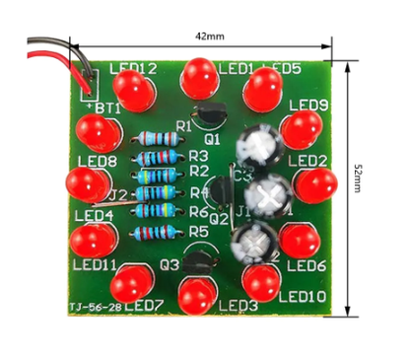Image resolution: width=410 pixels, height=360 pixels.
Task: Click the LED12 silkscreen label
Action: coord(133,69)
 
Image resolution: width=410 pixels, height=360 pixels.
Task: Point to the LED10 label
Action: coord(301,295)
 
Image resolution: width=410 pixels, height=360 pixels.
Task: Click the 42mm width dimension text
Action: coord(210,36)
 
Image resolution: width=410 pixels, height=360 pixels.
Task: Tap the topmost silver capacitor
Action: coord(258,147)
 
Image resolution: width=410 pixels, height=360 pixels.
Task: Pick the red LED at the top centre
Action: coord(199,75)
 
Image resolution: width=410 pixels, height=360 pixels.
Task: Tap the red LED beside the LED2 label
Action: coord(314,184)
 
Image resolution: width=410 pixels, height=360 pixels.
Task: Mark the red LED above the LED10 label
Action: coord(260,282)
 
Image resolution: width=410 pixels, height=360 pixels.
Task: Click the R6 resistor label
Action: coord(198,212)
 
